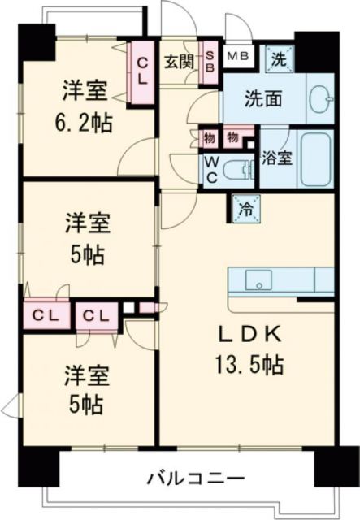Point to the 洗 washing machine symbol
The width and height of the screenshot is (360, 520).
click(279, 58)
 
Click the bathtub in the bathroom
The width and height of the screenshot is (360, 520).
click(314, 158)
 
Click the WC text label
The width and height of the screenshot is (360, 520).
click(210, 171)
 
